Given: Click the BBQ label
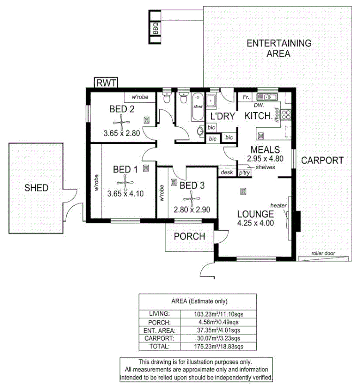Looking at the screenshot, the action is pos(155,28).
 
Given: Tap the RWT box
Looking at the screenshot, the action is pos(106,83).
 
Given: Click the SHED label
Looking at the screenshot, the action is pos(36,188).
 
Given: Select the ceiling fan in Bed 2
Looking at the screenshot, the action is pos(122,123).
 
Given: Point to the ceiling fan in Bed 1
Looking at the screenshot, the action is pos(125,183).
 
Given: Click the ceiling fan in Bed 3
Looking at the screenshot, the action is pos(191,199).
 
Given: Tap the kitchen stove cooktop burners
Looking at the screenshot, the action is pos(286,115).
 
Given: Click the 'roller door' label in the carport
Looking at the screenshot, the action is pos(323,253).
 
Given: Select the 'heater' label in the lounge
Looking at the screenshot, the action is pos(278,205).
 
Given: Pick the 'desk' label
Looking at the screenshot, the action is pos(227,172).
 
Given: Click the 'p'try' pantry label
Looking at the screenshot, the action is pos(244,173).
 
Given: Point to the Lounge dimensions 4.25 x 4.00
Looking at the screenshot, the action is pos(255,223).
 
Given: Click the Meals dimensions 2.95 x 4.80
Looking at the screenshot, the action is pos(265,159).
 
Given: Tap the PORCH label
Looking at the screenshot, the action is pos(190,236).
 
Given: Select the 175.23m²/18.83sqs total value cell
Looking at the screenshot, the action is pos(219,346).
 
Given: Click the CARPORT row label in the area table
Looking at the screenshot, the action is pos(160,338).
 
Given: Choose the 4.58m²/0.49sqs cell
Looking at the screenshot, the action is pos(219,322).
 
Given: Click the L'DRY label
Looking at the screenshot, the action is pos(222,116).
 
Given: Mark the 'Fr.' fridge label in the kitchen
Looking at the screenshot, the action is pos(246,97).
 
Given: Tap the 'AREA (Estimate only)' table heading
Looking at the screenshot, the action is pos(199,301).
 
